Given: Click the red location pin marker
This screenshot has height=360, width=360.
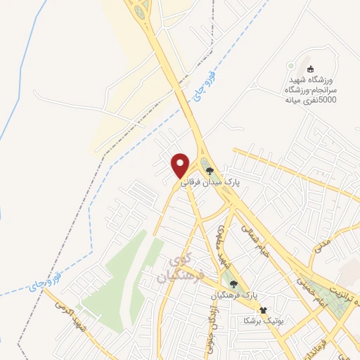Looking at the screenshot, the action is pyautogui.click(x=181, y=164).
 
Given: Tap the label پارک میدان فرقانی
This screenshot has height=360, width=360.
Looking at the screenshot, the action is pyautogui.click(x=211, y=181).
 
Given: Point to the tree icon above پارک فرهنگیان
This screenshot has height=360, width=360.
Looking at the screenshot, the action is pyautogui.click(x=234, y=284).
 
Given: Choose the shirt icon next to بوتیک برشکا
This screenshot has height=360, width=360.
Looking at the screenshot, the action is pyautogui.click(x=264, y=310).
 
